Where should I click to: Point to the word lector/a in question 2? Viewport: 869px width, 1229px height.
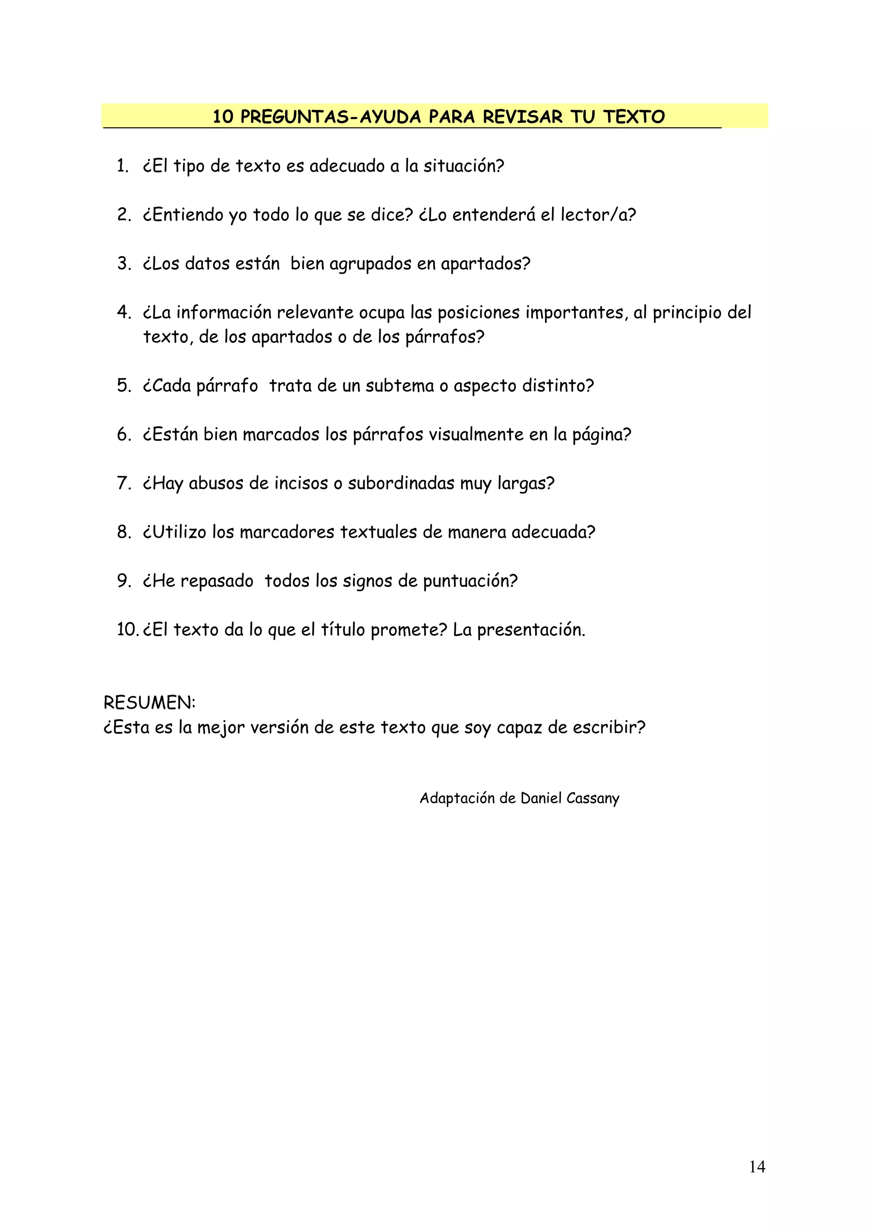tap(597, 215)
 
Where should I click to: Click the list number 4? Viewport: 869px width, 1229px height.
tap(123, 312)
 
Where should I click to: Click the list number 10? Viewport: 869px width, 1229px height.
tap(127, 629)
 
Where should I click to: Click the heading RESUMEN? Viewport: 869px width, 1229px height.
tap(149, 702)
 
